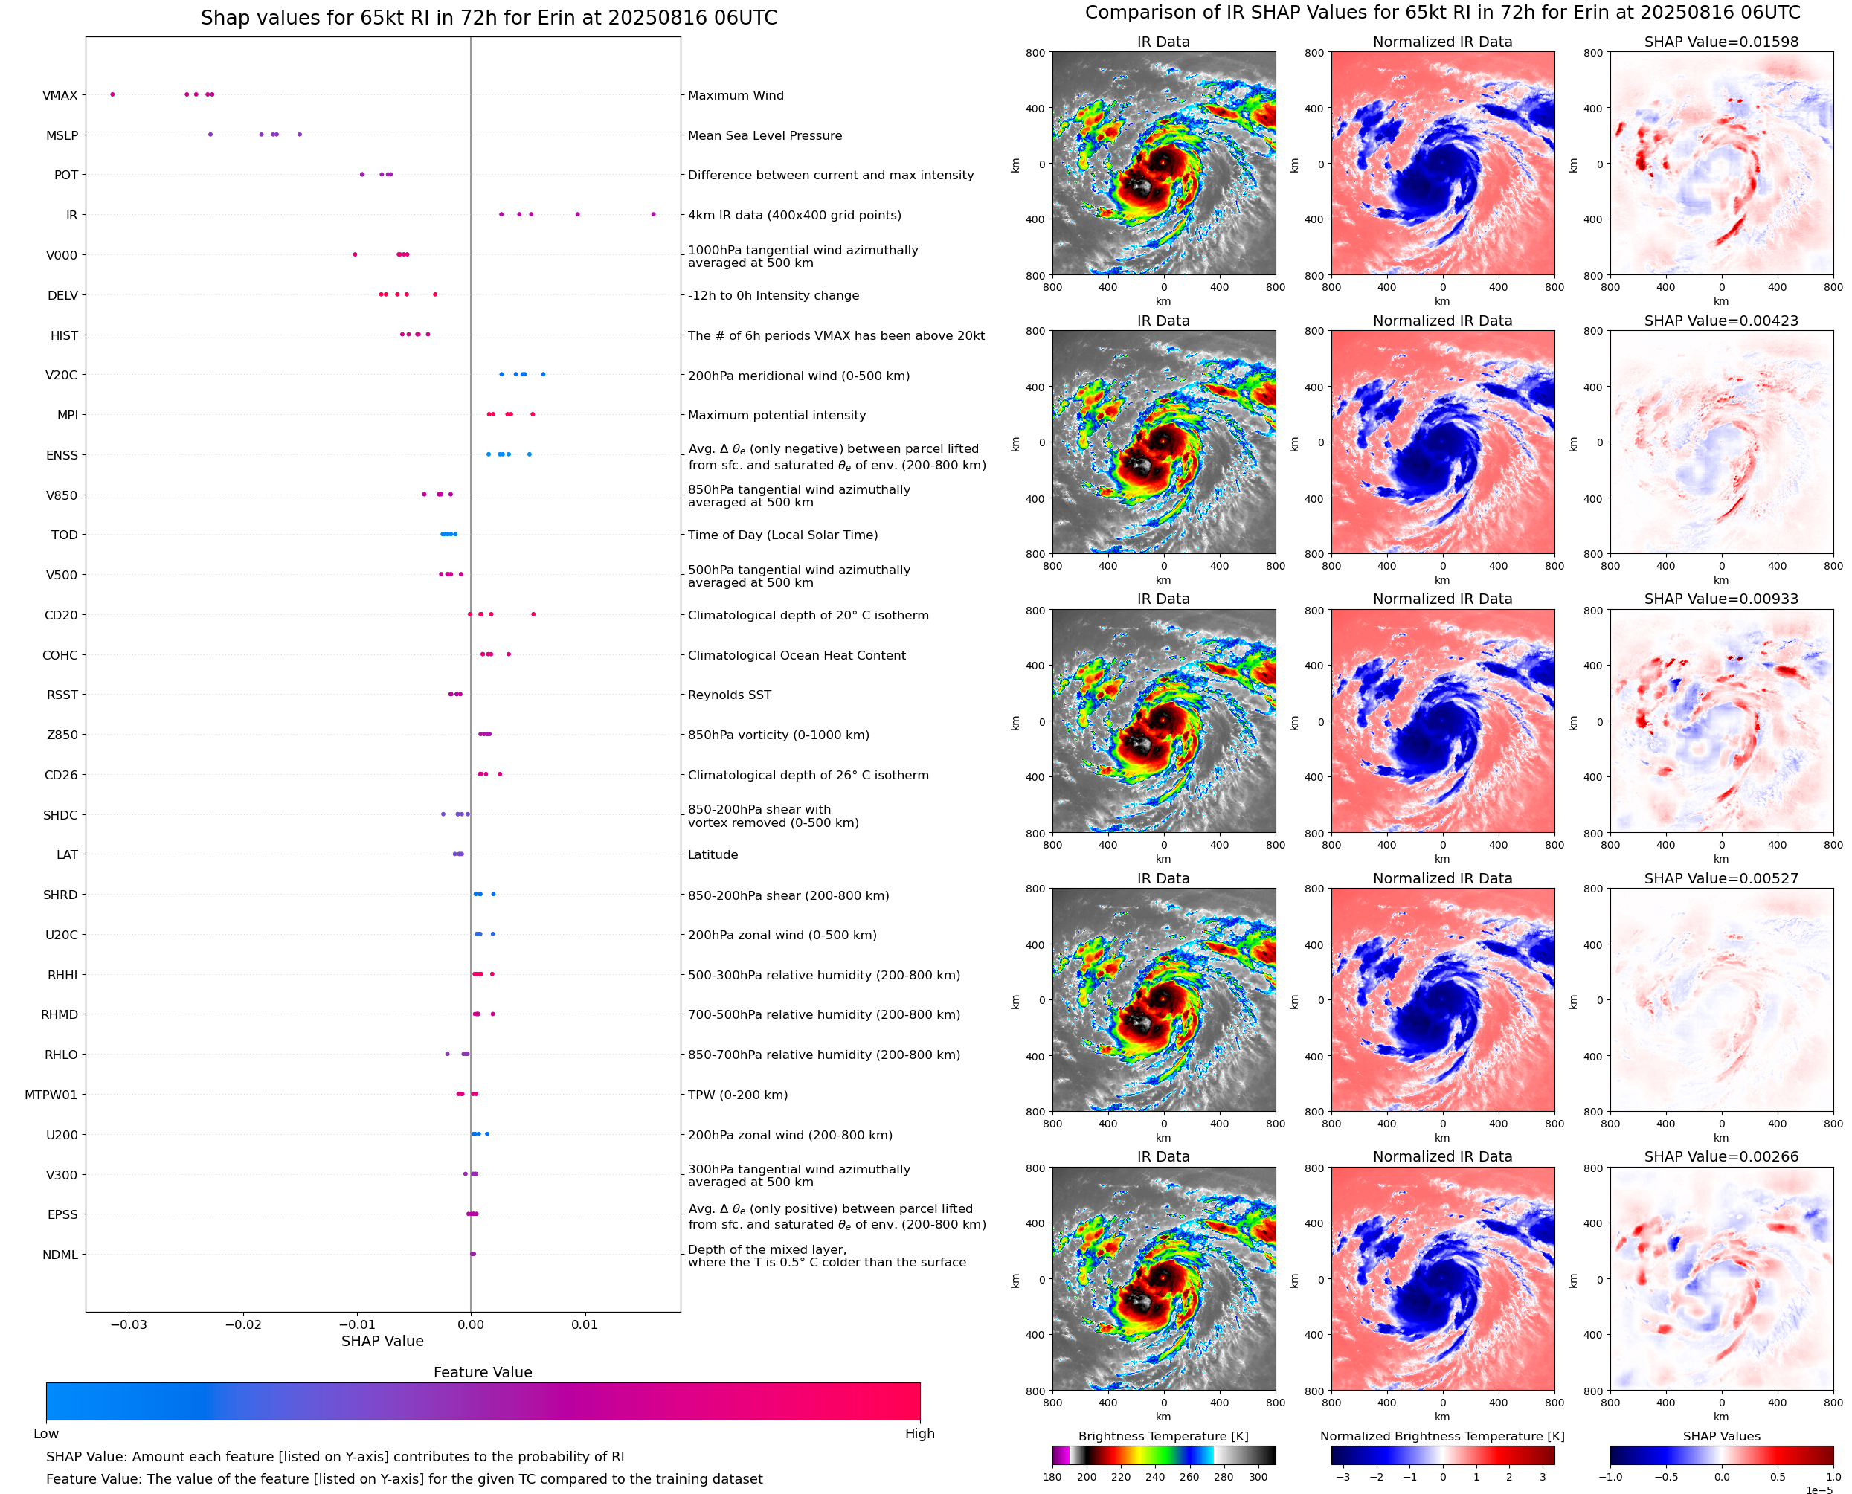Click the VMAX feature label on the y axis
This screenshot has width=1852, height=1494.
(x=60, y=95)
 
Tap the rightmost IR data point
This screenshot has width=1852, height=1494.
(x=653, y=214)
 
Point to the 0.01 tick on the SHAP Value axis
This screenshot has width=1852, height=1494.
(x=585, y=1324)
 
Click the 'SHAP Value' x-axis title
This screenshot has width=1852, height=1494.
(x=382, y=1341)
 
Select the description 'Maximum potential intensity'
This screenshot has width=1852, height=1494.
(x=777, y=415)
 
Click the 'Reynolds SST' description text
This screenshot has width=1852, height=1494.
(x=729, y=695)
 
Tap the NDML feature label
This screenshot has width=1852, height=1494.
(x=60, y=1255)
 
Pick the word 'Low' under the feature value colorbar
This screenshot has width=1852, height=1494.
(x=45, y=1434)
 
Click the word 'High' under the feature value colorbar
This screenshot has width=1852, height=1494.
(x=919, y=1434)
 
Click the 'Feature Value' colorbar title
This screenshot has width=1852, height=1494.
(x=483, y=1373)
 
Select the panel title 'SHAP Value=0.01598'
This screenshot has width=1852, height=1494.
(x=1721, y=42)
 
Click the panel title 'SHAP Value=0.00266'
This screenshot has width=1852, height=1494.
(x=1721, y=1156)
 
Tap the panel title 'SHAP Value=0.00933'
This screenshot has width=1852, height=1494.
(x=1721, y=599)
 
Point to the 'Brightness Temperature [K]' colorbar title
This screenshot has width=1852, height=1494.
(x=1163, y=1436)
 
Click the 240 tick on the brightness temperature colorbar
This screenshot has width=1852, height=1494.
(x=1155, y=1477)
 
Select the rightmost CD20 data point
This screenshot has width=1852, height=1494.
(x=533, y=614)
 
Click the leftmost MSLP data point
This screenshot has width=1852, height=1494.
(x=210, y=135)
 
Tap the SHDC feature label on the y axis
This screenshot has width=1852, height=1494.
(x=60, y=815)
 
